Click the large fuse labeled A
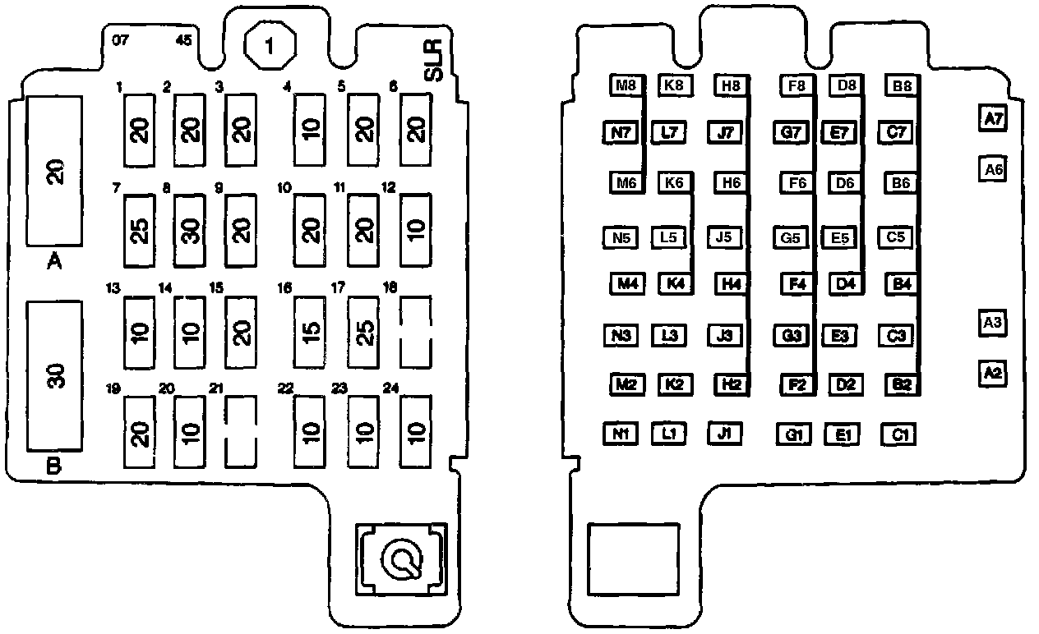55,171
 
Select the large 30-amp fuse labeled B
55,375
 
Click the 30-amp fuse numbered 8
189,231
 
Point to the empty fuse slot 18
415,332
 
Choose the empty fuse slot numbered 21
240,431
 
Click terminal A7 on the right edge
993,119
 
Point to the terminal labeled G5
791,238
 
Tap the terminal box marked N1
621,433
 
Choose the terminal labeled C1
898,434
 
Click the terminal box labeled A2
993,374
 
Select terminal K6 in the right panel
674,182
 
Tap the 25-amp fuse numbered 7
139,231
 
